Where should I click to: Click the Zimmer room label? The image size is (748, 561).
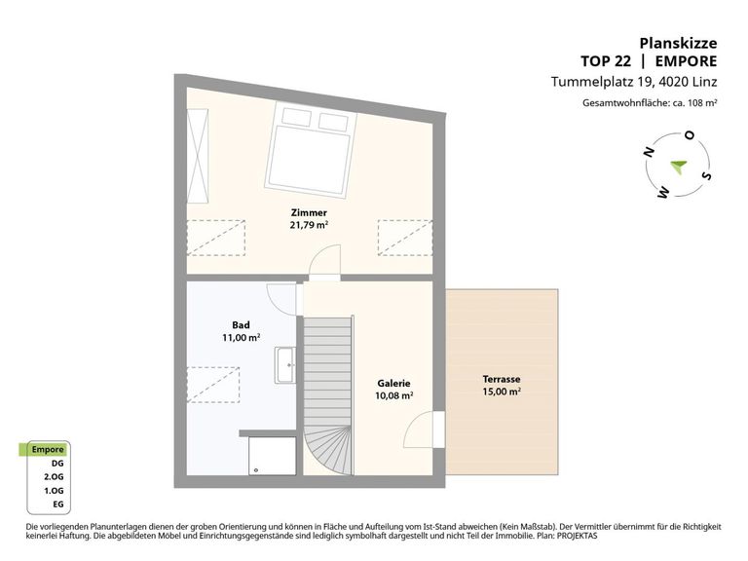coord(309,212)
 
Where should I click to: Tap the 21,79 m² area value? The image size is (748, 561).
coord(309,225)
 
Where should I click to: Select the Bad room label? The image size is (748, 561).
coord(241,325)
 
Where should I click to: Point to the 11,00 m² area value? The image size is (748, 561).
coord(241,337)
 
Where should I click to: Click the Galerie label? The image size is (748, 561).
coord(393,383)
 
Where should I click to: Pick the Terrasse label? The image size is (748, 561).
coord(502,379)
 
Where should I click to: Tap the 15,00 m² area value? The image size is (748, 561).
coord(502,392)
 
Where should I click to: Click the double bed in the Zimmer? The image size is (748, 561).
coord(311,149)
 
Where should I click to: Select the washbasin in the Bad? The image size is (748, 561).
coord(284,365)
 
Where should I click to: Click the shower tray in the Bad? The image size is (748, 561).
coord(273,456)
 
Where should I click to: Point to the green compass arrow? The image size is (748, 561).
coord(678,167)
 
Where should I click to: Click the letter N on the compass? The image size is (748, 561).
coord(649,152)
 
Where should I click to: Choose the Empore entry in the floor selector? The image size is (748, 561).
coord(48,449)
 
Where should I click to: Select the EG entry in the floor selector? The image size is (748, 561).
coord(58,505)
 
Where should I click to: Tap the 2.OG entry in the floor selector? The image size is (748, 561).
coord(54,476)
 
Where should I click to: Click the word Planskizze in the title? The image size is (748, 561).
coord(678,44)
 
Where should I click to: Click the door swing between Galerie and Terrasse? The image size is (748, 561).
coord(419,430)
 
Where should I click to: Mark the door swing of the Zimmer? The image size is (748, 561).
coord(324,260)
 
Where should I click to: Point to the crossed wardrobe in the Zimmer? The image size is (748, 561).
coord(198,156)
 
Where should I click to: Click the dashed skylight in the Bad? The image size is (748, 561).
coord(212,385)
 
